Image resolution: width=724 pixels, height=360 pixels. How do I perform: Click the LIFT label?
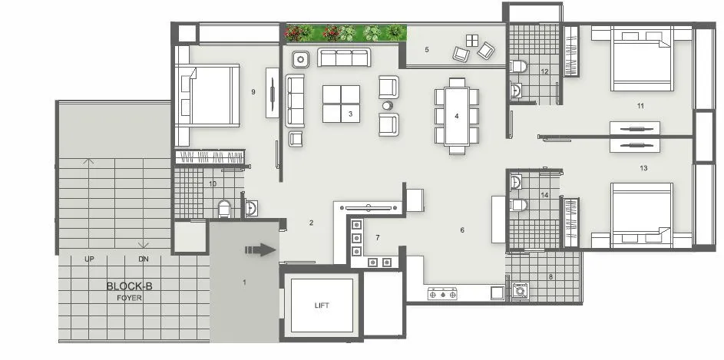point(322,306)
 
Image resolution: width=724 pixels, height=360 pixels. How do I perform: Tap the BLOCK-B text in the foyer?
point(129,286)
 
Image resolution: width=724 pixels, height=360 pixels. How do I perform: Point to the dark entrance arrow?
point(260,249)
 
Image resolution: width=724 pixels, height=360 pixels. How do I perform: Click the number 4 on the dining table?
point(457,116)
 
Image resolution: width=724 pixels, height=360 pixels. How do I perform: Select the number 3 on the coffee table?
point(350,114)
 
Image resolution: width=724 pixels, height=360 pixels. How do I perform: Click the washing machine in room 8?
point(520,291)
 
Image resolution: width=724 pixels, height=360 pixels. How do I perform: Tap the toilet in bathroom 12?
point(519,66)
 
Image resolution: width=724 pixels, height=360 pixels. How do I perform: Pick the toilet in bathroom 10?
point(225,208)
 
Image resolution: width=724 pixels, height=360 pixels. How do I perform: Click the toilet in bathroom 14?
point(519,205)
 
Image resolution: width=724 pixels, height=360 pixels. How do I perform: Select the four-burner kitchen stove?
point(442,293)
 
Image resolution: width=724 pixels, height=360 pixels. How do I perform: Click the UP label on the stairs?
point(90,259)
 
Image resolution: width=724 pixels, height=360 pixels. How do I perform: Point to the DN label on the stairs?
point(143,259)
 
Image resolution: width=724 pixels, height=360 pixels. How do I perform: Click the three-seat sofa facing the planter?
point(344,58)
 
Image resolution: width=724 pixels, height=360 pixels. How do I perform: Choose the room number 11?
point(640,105)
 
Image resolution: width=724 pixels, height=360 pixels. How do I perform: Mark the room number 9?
point(253,92)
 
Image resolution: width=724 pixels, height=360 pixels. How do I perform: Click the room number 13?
point(643,167)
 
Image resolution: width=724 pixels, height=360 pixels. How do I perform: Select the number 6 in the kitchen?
point(462,230)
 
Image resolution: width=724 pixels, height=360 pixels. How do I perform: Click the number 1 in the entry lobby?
point(245,282)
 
